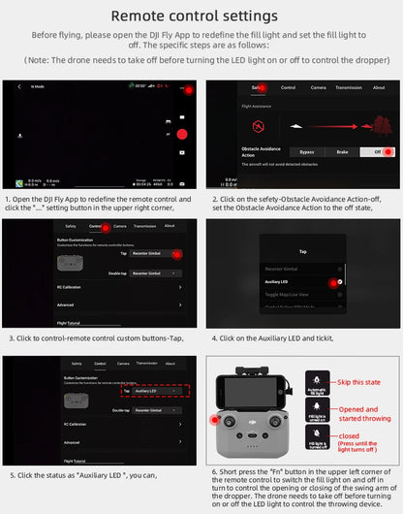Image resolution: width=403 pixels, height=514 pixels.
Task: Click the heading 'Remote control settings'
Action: [201, 16]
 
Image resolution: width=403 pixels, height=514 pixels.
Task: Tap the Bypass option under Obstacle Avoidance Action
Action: [306, 152]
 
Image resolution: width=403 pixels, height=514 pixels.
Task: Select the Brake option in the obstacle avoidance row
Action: [342, 152]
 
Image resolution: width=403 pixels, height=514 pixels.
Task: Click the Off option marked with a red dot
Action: [378, 152]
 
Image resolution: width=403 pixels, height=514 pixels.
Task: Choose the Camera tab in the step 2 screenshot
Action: [318, 87]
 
